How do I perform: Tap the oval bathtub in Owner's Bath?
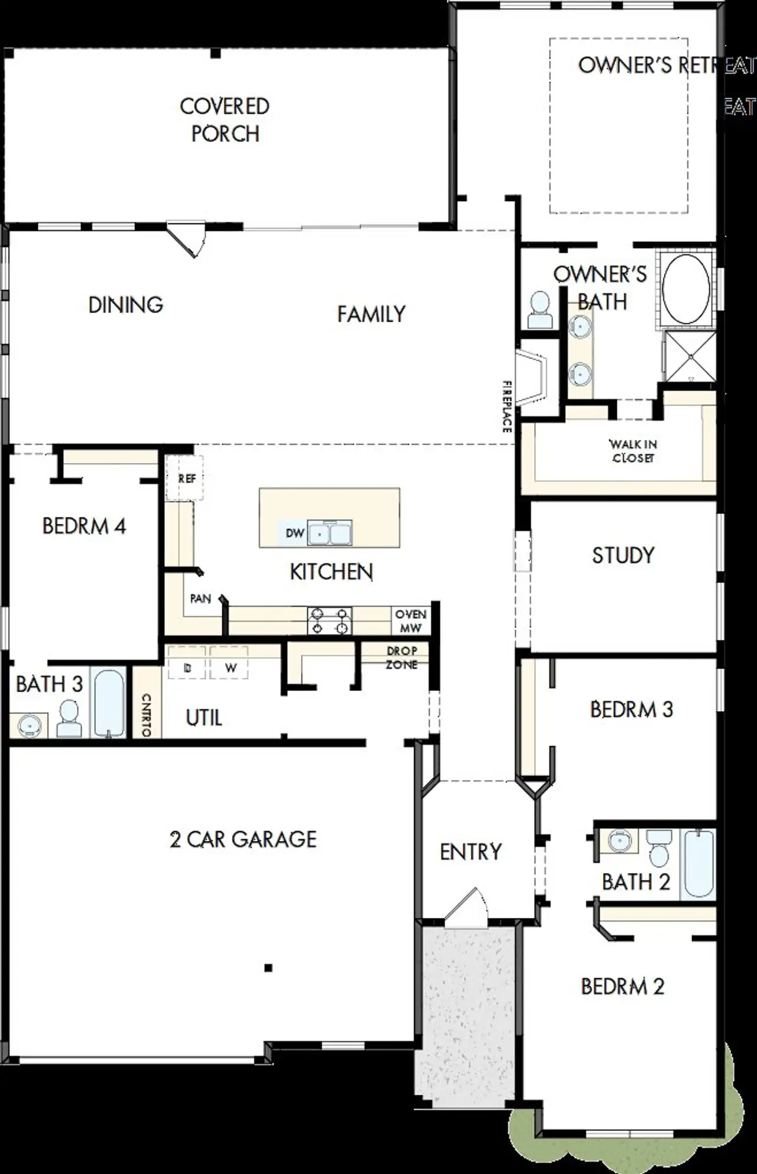(x=685, y=289)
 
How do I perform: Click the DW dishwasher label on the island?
(x=295, y=533)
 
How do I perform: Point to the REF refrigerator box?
(x=185, y=478)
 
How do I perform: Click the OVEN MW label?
(x=410, y=621)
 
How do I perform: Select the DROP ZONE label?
(x=402, y=658)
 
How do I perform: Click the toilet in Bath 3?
(x=69, y=718)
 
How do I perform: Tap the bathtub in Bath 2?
(x=698, y=864)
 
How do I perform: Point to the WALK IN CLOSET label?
(x=633, y=451)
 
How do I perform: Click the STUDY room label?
(x=623, y=555)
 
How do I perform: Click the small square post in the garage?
(x=268, y=968)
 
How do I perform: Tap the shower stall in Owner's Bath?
(x=690, y=356)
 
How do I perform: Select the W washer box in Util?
(x=229, y=668)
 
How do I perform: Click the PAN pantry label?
(x=200, y=599)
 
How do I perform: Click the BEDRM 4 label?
(x=84, y=526)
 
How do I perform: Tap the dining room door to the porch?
(x=186, y=238)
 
